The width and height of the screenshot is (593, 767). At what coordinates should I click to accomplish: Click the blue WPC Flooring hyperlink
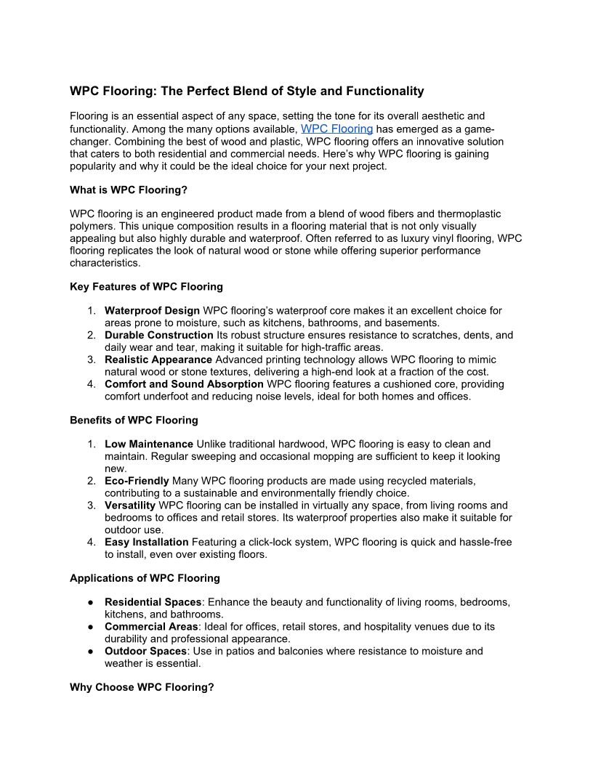[336, 129]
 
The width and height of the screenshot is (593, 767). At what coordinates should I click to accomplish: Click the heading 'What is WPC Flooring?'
[129, 190]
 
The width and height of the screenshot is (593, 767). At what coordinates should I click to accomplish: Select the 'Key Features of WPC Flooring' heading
[146, 286]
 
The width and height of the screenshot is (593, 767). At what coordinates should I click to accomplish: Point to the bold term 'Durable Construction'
[159, 336]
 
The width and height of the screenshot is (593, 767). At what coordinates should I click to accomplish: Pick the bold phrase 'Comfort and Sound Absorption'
[184, 384]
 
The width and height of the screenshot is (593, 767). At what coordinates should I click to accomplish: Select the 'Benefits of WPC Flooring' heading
[134, 420]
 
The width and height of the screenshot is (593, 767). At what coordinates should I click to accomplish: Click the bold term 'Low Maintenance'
[149, 445]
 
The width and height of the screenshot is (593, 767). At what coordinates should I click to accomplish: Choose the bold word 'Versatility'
[130, 506]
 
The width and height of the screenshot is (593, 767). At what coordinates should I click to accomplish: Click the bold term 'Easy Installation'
[147, 542]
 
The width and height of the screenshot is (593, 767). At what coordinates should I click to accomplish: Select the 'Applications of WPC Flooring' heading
[145, 578]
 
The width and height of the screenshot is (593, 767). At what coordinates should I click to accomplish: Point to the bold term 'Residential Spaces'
[153, 602]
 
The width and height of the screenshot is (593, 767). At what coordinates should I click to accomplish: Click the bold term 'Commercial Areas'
[151, 627]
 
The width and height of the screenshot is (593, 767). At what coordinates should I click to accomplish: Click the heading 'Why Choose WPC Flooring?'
[142, 686]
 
